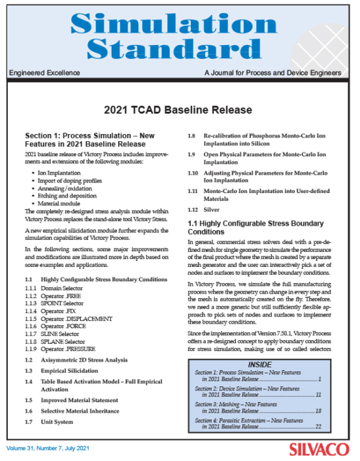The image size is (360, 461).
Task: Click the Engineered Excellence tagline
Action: (44, 73)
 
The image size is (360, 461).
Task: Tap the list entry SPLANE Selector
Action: (64, 341)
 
